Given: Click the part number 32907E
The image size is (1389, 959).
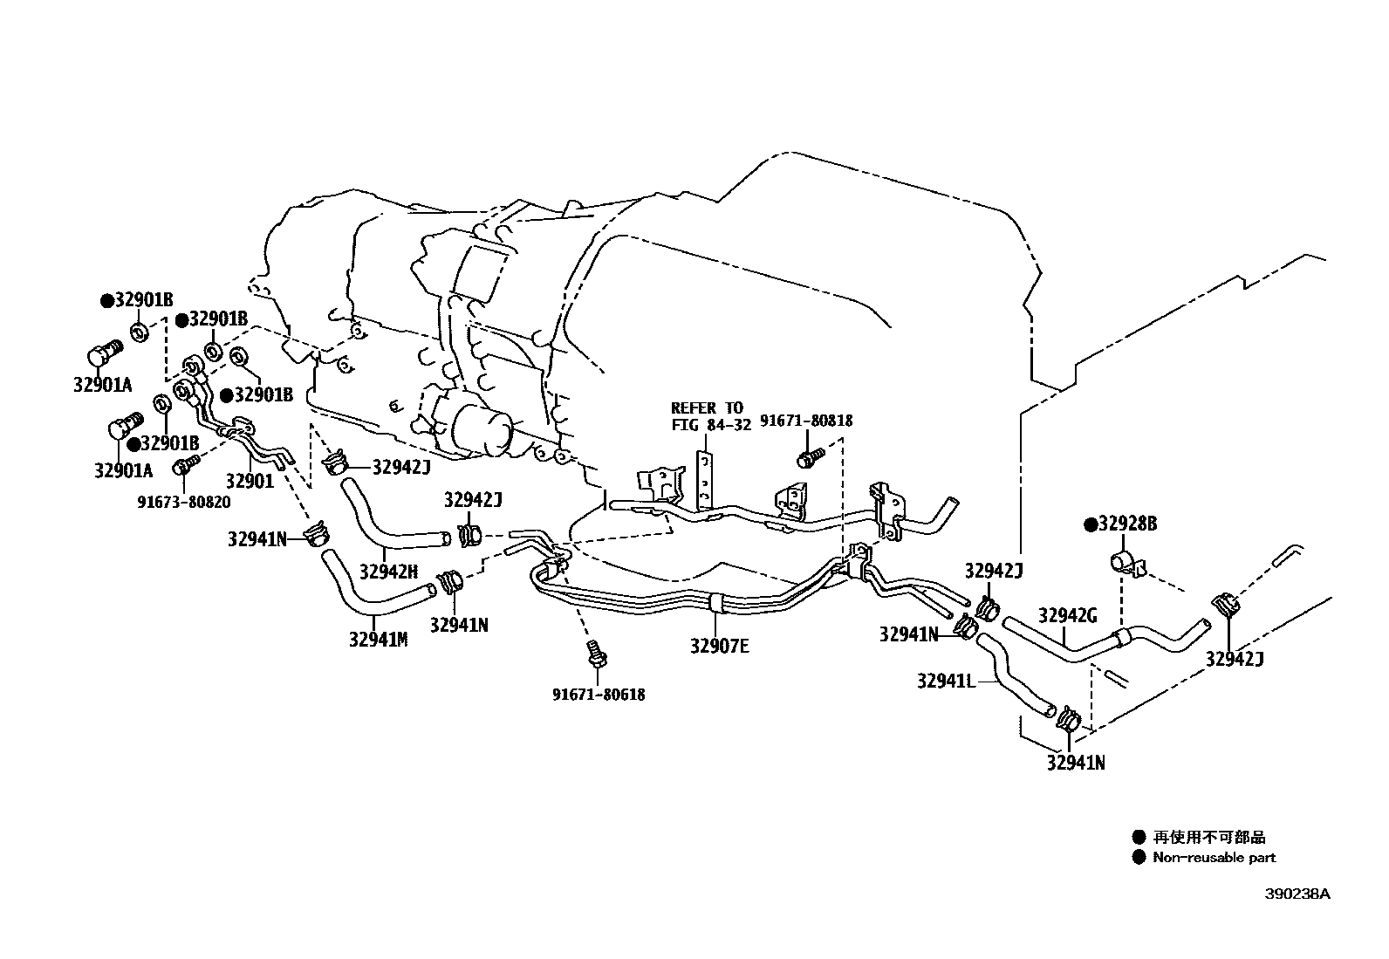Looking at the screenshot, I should click(719, 647).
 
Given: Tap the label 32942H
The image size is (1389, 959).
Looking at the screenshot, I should click(388, 572).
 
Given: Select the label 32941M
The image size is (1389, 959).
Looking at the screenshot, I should click(378, 639).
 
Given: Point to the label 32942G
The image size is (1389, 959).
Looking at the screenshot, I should click(1067, 616).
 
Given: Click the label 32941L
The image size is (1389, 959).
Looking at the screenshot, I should click(945, 680).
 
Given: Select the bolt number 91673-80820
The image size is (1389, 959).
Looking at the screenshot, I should click(183, 502).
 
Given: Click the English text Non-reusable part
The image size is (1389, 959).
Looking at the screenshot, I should click(1214, 858).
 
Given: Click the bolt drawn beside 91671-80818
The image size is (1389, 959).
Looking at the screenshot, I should click(809, 456).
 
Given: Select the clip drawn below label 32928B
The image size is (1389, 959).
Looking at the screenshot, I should click(1122, 563).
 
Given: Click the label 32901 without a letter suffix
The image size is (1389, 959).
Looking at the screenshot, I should click(250, 480).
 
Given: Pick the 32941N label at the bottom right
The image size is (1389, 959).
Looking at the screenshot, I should click(1076, 763).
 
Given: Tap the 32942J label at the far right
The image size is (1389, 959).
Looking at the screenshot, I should click(1235, 660).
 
